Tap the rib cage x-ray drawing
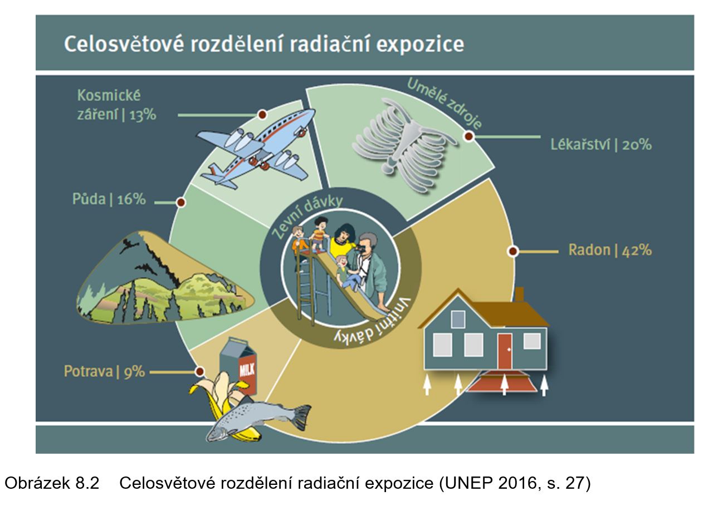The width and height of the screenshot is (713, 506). (404, 145)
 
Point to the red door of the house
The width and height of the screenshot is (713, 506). (505, 351)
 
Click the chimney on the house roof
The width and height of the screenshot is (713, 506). (519, 294)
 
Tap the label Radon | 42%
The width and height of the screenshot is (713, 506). (610, 250)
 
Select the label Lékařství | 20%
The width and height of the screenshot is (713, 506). (601, 145)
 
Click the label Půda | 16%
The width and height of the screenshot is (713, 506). (109, 199)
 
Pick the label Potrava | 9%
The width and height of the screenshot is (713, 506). (104, 371)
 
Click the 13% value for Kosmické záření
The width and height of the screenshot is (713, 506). (143, 115)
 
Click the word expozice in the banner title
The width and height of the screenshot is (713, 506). (420, 45)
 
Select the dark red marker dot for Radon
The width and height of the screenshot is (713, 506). (513, 251)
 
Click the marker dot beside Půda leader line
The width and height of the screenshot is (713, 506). (181, 202)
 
